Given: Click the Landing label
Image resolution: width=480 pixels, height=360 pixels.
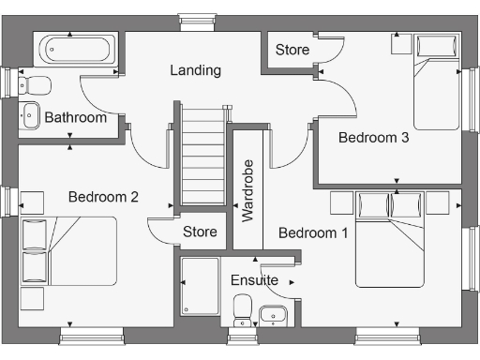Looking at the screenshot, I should pos(195,70).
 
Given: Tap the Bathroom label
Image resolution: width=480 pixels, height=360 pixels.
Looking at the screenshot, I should pos(75,118).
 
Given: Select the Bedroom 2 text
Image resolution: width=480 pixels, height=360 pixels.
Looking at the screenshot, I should pos(103,197).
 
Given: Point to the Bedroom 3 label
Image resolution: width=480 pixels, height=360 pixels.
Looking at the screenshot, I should pos(373,138).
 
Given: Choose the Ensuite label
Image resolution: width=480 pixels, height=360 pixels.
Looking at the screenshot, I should pos(254,280).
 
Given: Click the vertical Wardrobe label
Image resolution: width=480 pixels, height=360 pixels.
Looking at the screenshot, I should pos(248,190).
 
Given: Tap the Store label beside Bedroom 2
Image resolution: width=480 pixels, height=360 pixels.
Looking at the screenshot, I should pos(200,232).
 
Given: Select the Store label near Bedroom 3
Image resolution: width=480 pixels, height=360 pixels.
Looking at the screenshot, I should pos(292,50).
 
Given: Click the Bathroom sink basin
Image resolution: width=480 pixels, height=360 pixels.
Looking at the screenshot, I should pos(30,114).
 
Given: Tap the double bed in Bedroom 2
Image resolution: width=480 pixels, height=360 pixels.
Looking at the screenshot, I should pos(70,249).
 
